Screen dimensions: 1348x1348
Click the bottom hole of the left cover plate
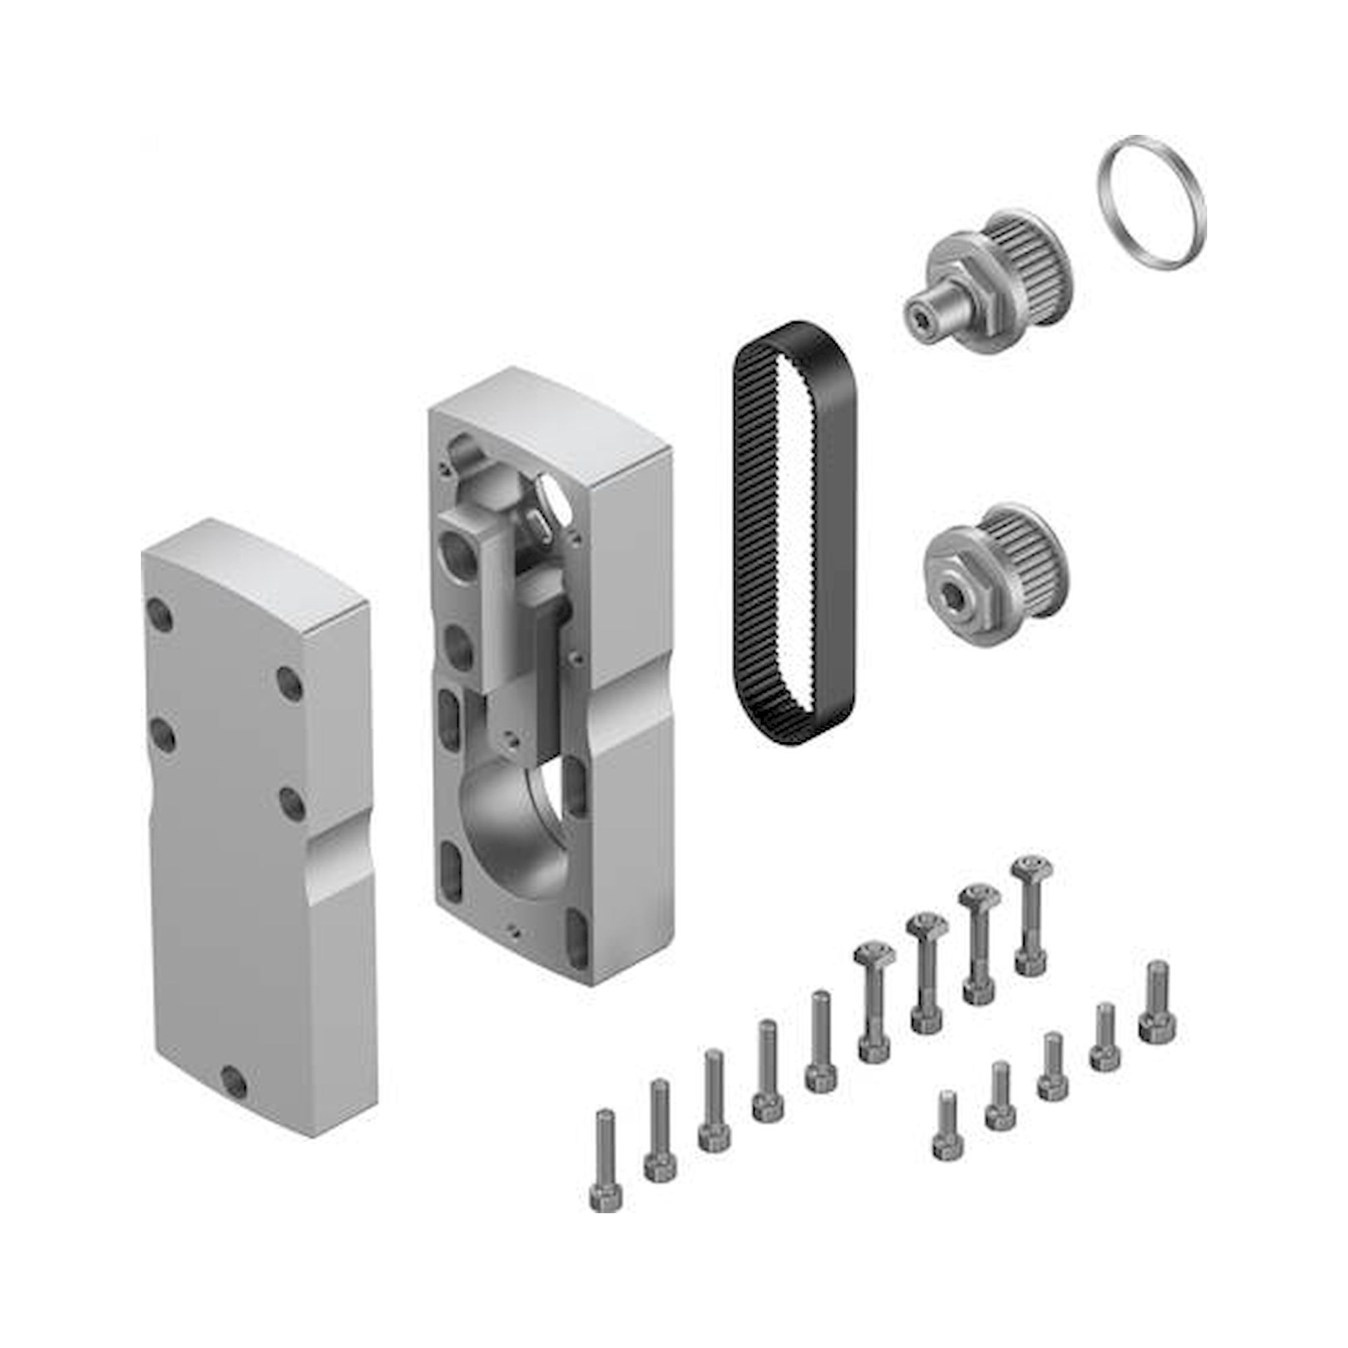(233, 1082)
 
